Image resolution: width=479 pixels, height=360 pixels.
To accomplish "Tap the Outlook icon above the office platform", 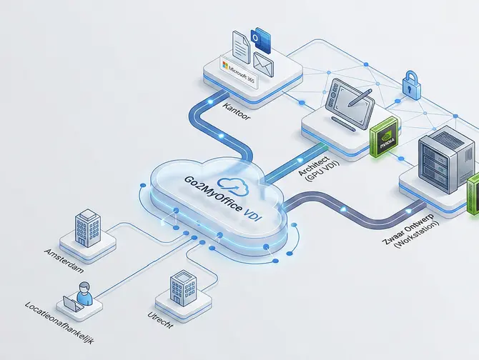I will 260,38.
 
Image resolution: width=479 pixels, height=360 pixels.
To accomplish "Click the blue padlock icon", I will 411,84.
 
